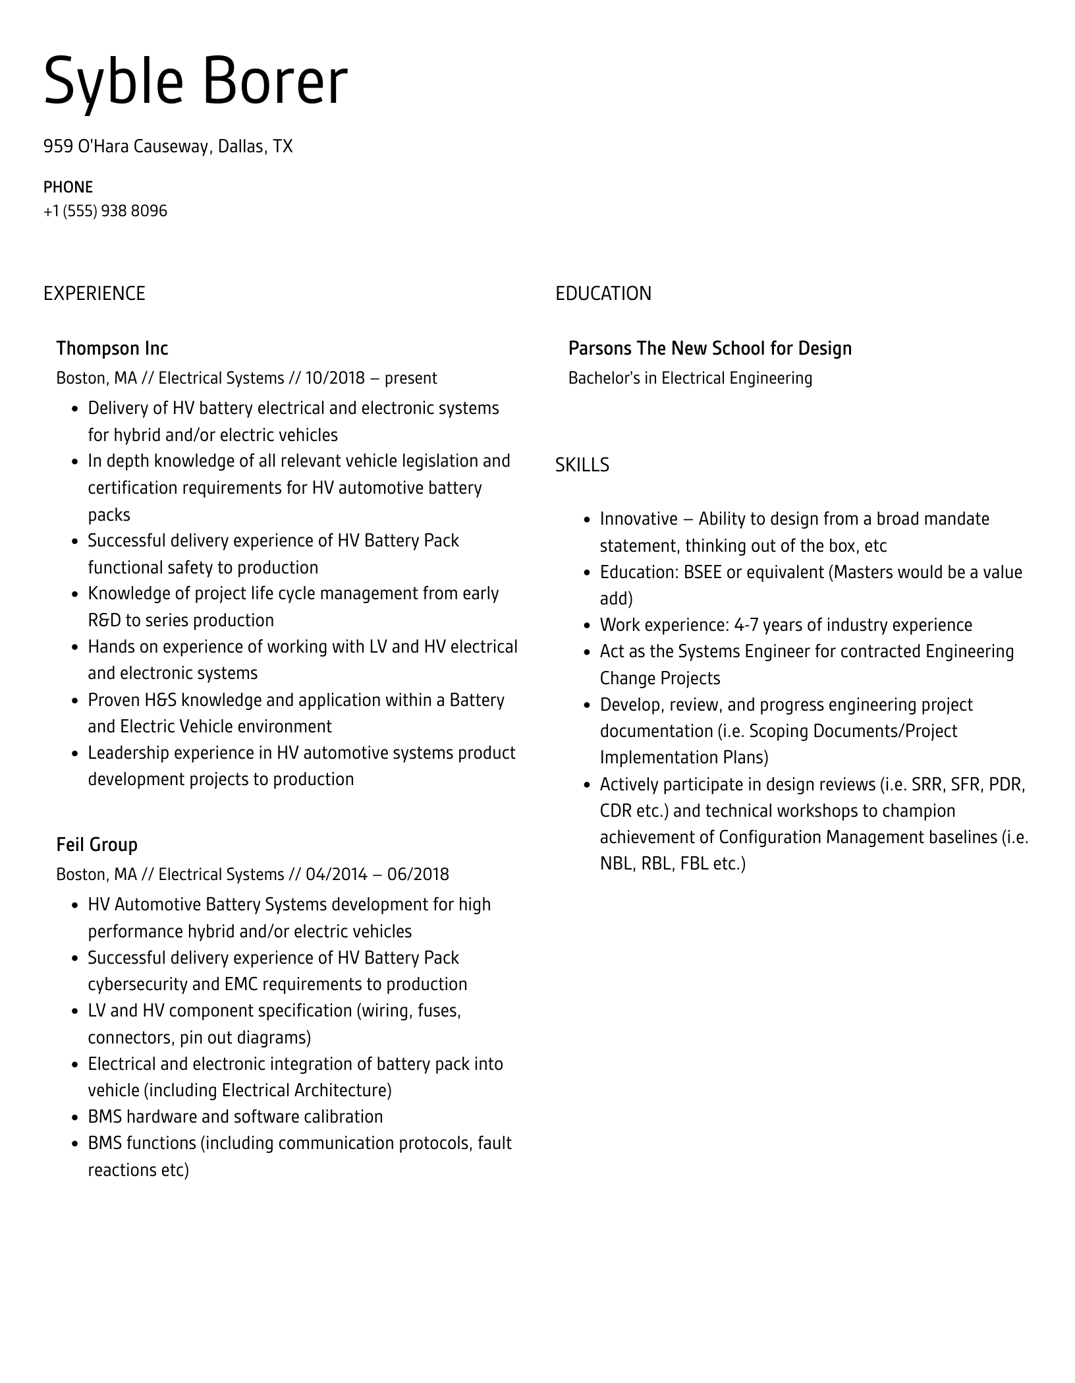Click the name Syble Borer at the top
point(196,82)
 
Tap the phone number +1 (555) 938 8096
point(105,211)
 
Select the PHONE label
point(68,187)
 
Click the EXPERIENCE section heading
point(94,293)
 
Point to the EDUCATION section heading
point(603,293)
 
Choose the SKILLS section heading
point(582,465)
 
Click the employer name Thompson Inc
point(112,348)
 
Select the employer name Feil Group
point(97,844)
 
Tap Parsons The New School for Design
point(709,348)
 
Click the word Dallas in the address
point(242,146)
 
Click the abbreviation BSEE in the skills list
point(702,572)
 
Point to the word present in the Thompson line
point(410,378)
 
